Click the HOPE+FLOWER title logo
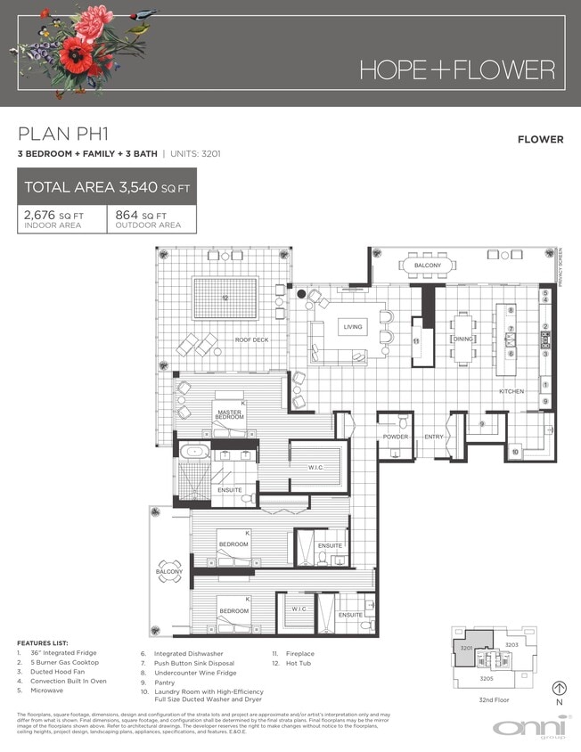(456, 69)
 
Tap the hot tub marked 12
(225, 298)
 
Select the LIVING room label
(353, 328)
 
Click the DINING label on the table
(462, 339)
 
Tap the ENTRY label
(434, 437)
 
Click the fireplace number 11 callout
(415, 340)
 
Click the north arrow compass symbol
(560, 688)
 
